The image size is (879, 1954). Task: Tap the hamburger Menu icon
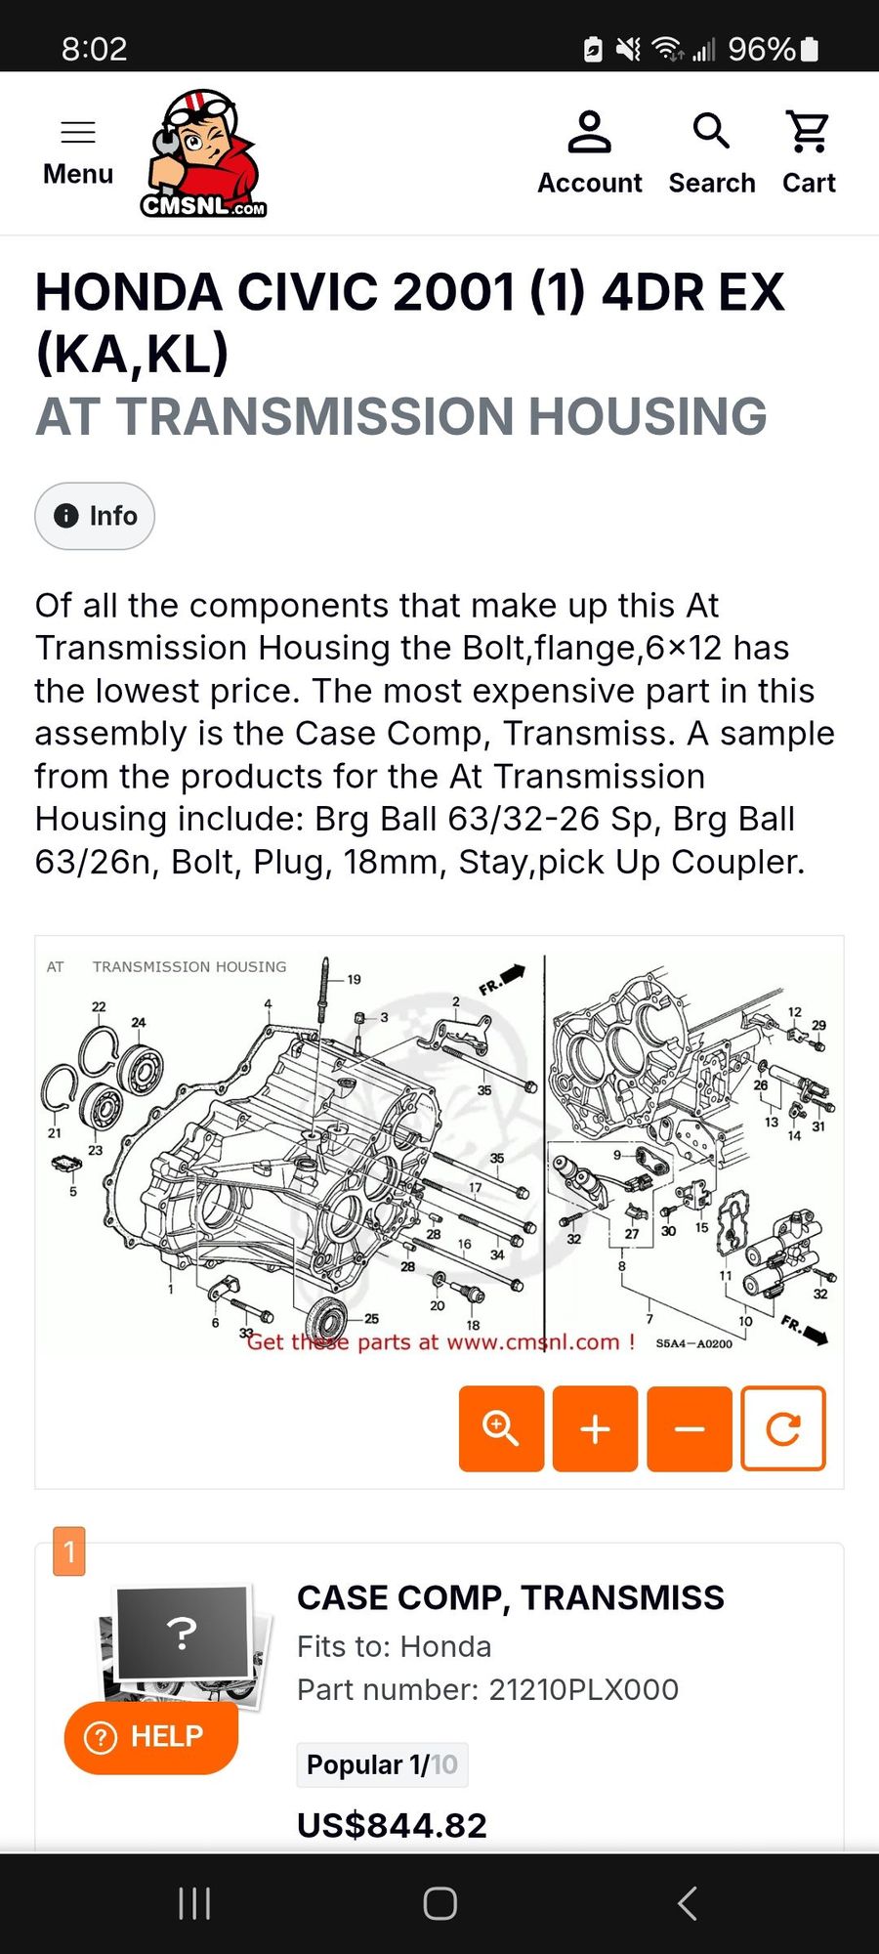click(78, 132)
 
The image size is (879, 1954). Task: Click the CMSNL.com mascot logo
click(204, 153)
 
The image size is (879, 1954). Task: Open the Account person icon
click(589, 132)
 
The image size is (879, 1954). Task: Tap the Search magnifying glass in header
click(711, 130)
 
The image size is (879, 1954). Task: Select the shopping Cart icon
click(809, 132)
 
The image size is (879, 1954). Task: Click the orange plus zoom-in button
click(595, 1428)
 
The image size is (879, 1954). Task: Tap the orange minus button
click(690, 1428)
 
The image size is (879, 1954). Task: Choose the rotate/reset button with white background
click(783, 1428)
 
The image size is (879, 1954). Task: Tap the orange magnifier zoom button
click(501, 1428)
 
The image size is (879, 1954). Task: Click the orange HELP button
click(151, 1737)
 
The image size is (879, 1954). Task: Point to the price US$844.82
click(392, 1825)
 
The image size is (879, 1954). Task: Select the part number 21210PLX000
click(583, 1689)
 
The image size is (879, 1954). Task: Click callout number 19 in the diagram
click(354, 979)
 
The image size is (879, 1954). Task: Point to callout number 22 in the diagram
click(99, 1006)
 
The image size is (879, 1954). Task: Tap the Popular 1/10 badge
click(382, 1764)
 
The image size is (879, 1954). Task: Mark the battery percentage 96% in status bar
click(762, 49)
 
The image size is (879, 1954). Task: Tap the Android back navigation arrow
click(688, 1903)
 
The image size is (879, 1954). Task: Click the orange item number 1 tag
click(69, 1551)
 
